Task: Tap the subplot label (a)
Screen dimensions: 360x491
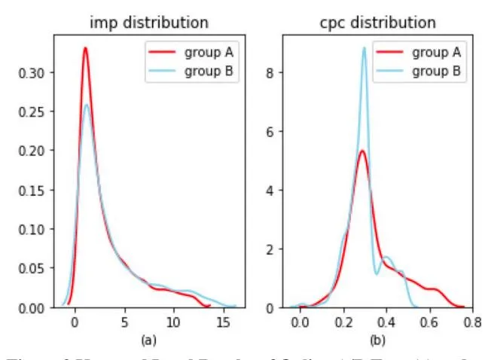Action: click(149, 340)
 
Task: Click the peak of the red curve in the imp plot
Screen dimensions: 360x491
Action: click(85, 48)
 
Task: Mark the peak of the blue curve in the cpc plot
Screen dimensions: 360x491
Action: click(364, 47)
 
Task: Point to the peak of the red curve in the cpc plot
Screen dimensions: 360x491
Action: click(362, 151)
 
